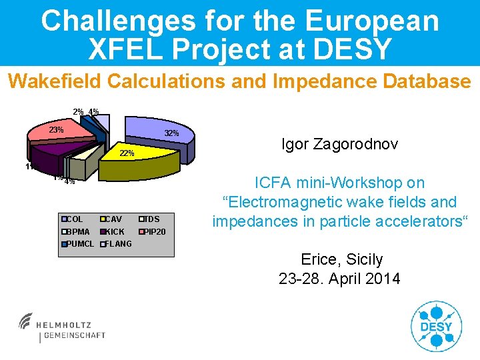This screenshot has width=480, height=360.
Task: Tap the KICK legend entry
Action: [x=113, y=231]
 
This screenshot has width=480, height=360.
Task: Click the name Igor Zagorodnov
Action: [x=340, y=144]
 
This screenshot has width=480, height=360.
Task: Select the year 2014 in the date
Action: [x=383, y=279]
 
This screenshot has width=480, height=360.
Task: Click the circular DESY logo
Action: [x=437, y=326]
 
